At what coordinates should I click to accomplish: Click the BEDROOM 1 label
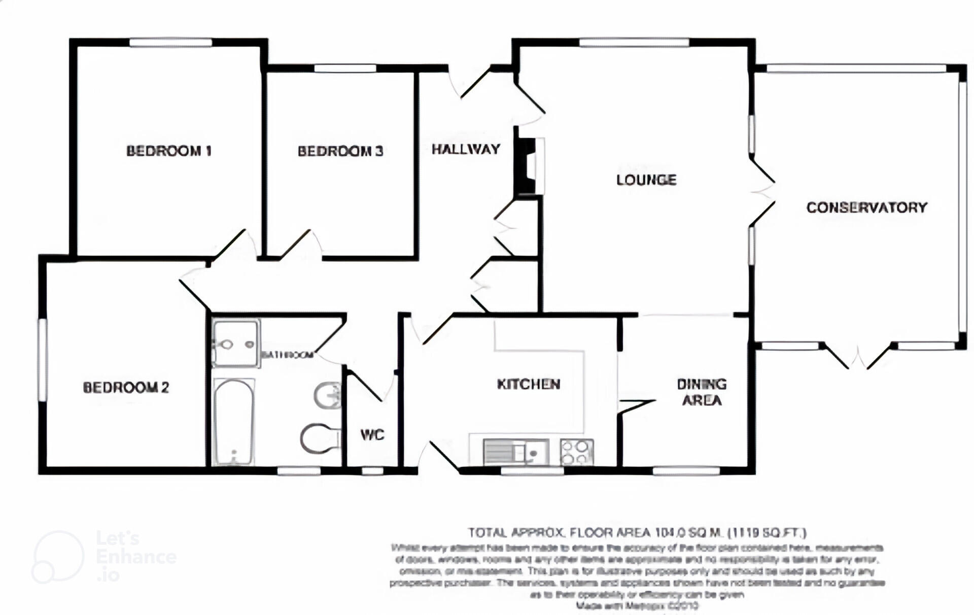pos(168,151)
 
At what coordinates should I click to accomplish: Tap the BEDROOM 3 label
pos(340,151)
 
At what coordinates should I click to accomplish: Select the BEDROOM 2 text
pos(125,388)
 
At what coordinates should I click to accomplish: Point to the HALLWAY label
pos(466,149)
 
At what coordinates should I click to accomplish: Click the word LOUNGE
pos(646,180)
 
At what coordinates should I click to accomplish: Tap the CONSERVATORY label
pos(866,207)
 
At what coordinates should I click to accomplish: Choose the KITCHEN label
pos(528,384)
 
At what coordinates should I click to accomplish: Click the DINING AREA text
pos(702,392)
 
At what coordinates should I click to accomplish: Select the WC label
pos(372,434)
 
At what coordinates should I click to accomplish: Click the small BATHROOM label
pos(287,355)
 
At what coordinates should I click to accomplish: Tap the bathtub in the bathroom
pos(233,421)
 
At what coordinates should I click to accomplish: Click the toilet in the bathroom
pos(320,438)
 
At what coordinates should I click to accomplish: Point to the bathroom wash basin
pos(328,395)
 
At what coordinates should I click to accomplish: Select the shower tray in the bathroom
pos(235,343)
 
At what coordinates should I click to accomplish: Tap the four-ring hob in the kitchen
pos(577,452)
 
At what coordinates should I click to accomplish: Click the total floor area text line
pos(637,532)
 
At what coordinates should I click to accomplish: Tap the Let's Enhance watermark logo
pos(104,556)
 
